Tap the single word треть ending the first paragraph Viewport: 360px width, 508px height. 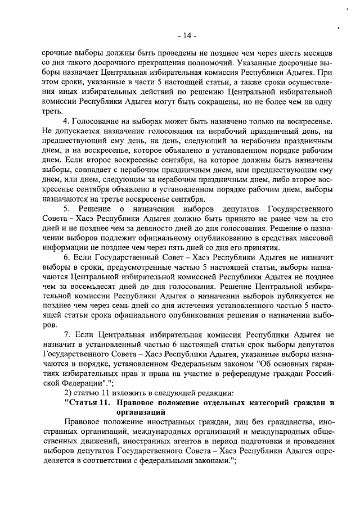[x=53, y=112]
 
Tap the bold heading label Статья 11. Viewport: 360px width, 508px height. [x=88, y=403]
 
